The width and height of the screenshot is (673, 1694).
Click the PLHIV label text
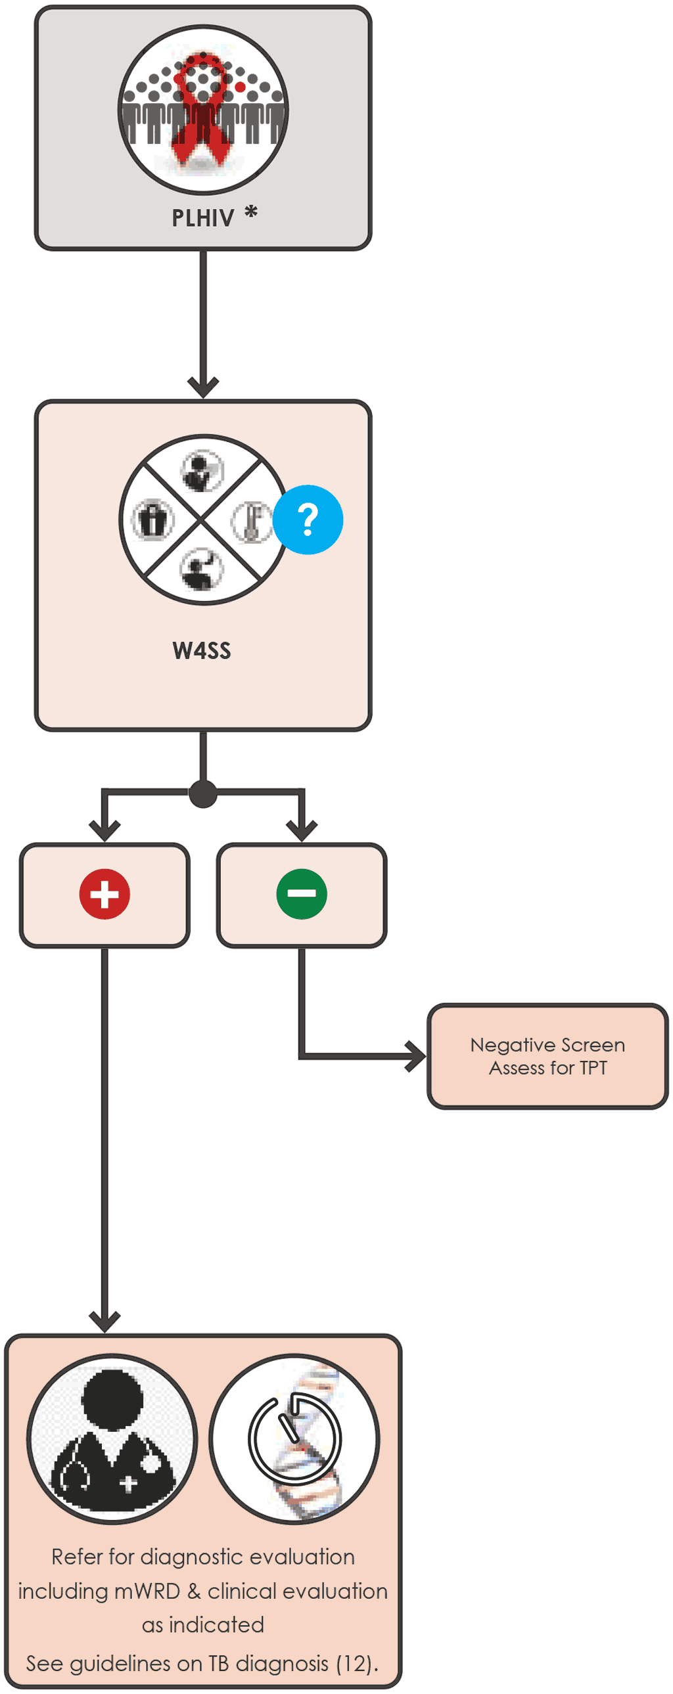coord(202,217)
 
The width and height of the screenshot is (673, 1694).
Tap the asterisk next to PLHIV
coord(250,212)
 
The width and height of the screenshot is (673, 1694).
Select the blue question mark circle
coord(308,520)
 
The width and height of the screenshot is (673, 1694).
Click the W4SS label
coord(202,650)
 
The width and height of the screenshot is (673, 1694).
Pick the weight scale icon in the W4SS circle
coord(152,520)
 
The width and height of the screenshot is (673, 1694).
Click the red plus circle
coord(104,894)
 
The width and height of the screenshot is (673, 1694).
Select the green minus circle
coord(301,894)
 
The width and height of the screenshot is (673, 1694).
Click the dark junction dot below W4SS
coord(202,793)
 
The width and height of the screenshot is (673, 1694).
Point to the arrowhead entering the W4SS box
coord(202,386)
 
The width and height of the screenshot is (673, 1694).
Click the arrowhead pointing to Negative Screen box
coord(416,1056)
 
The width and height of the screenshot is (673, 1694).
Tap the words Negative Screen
coord(547,1045)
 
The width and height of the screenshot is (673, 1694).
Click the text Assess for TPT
coord(547,1068)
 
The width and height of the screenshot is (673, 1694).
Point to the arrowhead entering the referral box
coord(104,1320)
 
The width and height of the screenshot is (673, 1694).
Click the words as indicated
coord(202,1625)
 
